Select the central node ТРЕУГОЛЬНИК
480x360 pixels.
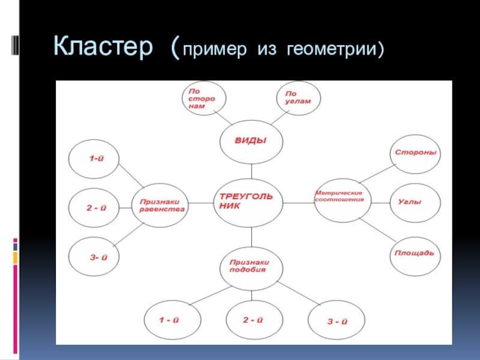click(248, 202)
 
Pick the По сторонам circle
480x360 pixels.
click(204, 98)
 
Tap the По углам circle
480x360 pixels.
click(298, 97)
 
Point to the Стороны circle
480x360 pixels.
click(415, 153)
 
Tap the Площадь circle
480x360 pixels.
click(414, 253)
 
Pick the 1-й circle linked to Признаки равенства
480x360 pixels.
click(94, 158)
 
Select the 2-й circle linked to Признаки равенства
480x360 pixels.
click(94, 208)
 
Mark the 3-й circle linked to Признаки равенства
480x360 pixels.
click(94, 257)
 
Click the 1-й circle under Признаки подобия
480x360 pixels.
click(170, 321)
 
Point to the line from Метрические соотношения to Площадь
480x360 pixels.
click(377, 228)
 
